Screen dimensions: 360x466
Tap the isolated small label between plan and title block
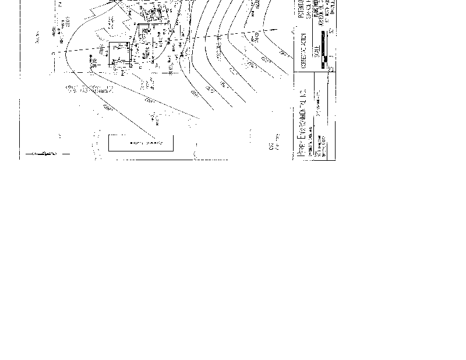click(x=273, y=142)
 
